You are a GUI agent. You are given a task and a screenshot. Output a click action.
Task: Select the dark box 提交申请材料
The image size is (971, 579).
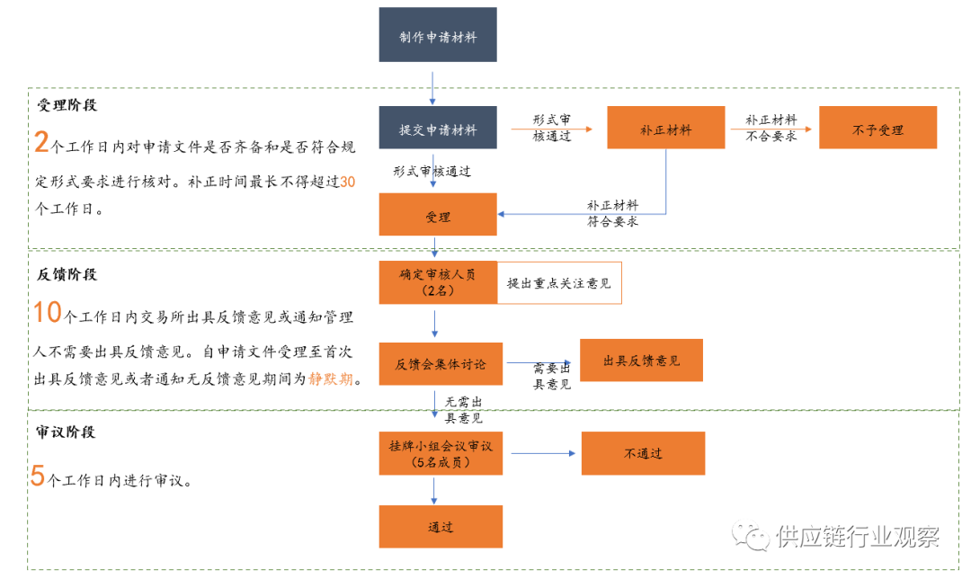[x=437, y=128]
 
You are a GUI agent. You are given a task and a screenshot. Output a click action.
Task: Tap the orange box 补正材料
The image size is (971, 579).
[x=665, y=128]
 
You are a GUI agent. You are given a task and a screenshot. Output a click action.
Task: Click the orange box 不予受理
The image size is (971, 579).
[x=877, y=128]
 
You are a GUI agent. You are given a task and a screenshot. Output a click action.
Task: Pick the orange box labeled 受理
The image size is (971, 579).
[x=437, y=215]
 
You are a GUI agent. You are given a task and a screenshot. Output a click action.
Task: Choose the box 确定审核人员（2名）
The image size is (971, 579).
[x=437, y=282]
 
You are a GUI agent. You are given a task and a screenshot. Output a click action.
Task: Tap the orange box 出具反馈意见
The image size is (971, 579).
[x=640, y=360]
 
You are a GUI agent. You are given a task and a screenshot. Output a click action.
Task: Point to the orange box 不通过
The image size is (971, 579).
[x=642, y=453]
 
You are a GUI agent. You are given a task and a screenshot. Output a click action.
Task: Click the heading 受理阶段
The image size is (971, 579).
[x=67, y=105]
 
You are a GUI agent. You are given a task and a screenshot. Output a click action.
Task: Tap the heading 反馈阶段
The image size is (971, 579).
[x=67, y=274]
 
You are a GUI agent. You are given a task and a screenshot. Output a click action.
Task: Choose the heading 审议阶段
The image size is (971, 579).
[x=67, y=432]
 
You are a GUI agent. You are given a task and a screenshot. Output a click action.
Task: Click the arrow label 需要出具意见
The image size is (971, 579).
[x=552, y=377]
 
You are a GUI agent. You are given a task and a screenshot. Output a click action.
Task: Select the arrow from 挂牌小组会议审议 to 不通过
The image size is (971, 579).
[x=539, y=453]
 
